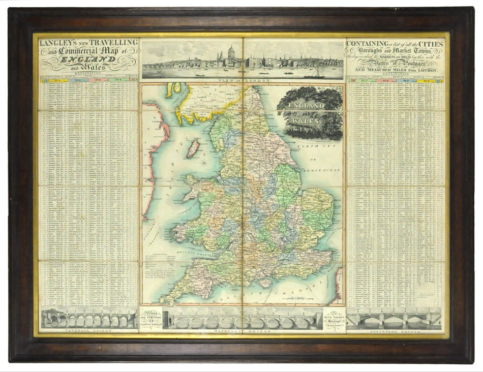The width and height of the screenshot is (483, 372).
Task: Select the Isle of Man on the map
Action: (193, 148)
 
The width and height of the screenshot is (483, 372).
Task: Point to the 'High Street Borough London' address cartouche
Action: (334, 319)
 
